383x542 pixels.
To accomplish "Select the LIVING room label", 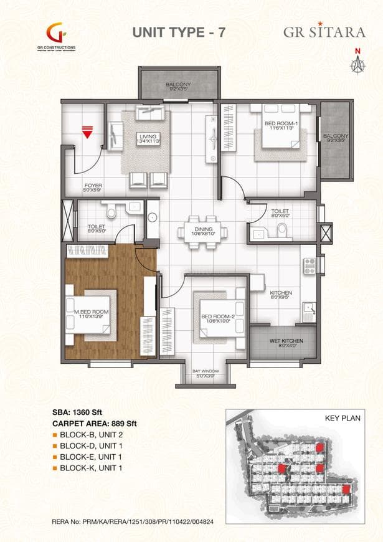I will (x=148, y=139).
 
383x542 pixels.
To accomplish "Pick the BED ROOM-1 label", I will (x=281, y=126).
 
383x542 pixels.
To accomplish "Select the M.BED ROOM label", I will (x=92, y=313).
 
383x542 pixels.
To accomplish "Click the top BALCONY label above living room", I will (x=178, y=85).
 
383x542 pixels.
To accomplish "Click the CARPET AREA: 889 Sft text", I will (x=94, y=424).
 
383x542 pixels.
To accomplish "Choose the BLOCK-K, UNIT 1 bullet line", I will (x=92, y=467).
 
